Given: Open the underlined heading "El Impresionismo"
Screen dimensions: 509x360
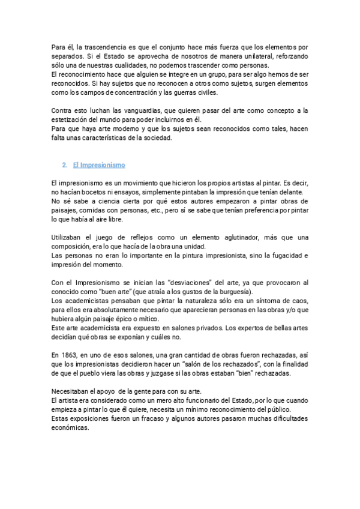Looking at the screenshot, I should point(98,164).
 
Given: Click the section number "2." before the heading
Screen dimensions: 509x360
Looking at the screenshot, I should point(65,164).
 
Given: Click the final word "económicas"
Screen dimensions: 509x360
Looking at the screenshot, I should point(71,427).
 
